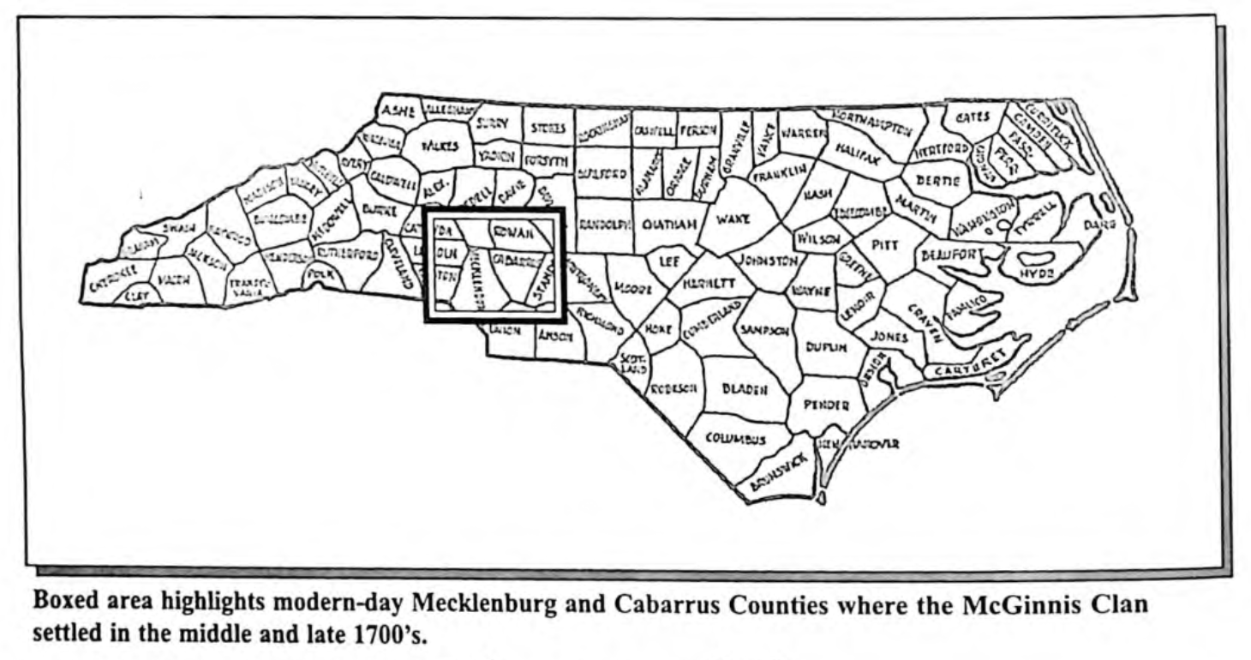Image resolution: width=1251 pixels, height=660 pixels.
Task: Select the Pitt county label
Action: click(885, 245)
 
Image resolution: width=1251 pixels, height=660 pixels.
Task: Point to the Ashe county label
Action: click(398, 111)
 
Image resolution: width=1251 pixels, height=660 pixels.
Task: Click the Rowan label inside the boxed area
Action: click(510, 231)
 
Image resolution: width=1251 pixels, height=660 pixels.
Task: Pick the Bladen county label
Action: click(744, 388)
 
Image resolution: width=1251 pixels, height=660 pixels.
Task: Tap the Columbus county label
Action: click(735, 439)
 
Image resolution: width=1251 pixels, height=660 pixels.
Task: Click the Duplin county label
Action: click(826, 347)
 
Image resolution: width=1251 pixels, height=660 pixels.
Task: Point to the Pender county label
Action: click(826, 405)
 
